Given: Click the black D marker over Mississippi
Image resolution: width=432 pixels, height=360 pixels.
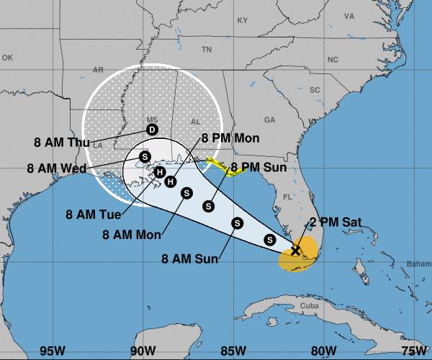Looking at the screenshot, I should point(152,130).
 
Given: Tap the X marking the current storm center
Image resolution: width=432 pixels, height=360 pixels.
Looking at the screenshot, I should point(295,251).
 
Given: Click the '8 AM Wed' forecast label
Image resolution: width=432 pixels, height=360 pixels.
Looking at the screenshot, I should point(56,168).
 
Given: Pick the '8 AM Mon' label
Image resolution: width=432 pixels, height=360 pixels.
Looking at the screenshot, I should point(132,234).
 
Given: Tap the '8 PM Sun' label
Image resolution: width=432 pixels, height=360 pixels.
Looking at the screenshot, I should point(258,167).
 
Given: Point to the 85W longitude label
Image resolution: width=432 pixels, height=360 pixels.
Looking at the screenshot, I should point(232,351).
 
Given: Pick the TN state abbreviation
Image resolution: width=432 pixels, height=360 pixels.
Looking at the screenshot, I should point(207,50).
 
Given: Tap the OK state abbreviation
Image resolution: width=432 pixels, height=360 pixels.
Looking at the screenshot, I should point(8,57).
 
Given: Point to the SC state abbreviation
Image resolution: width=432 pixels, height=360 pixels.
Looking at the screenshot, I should point(315,90).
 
